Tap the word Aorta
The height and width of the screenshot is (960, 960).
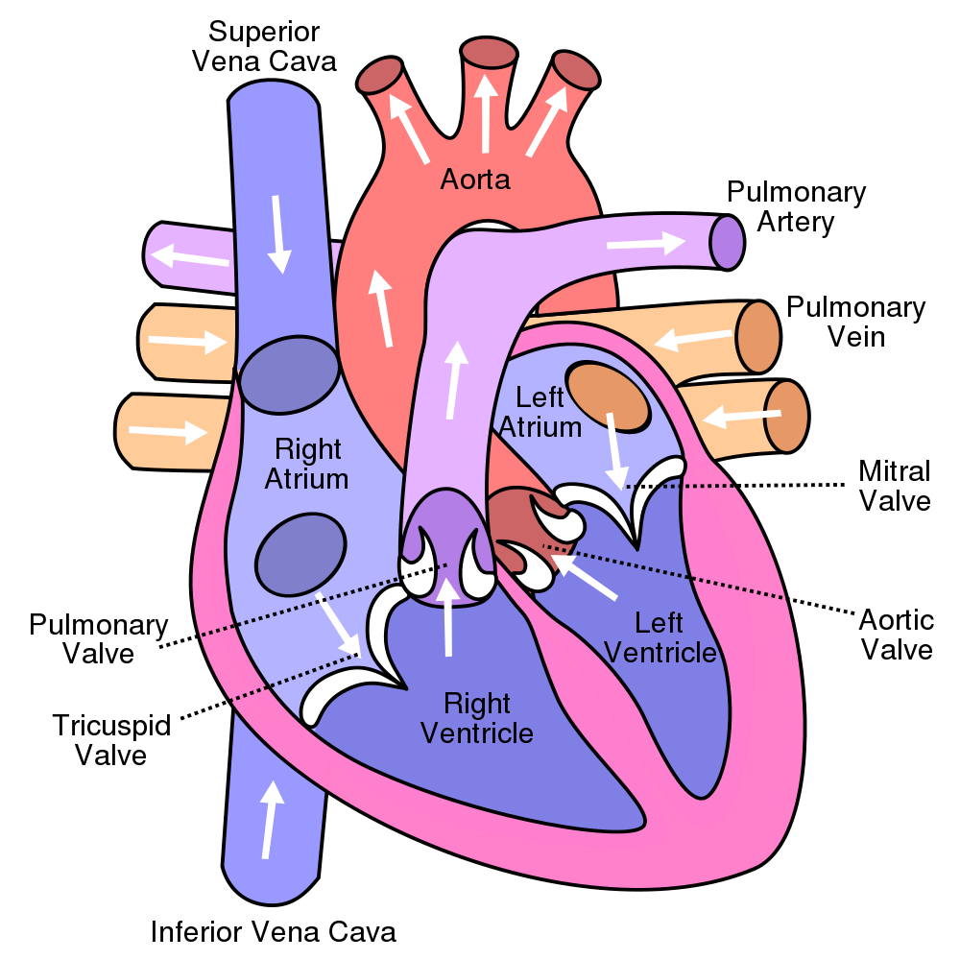point(474,179)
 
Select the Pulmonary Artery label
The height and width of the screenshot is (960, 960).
point(796,207)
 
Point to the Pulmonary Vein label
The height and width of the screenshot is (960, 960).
point(855,323)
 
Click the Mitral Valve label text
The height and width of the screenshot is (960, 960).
point(894,486)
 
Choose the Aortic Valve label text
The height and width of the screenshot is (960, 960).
point(896,634)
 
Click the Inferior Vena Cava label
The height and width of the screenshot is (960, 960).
point(274,930)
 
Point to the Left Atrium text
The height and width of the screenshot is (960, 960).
point(548,411)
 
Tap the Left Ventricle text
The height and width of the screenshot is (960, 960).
point(660,637)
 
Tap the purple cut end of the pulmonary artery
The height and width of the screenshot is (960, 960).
point(728,241)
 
